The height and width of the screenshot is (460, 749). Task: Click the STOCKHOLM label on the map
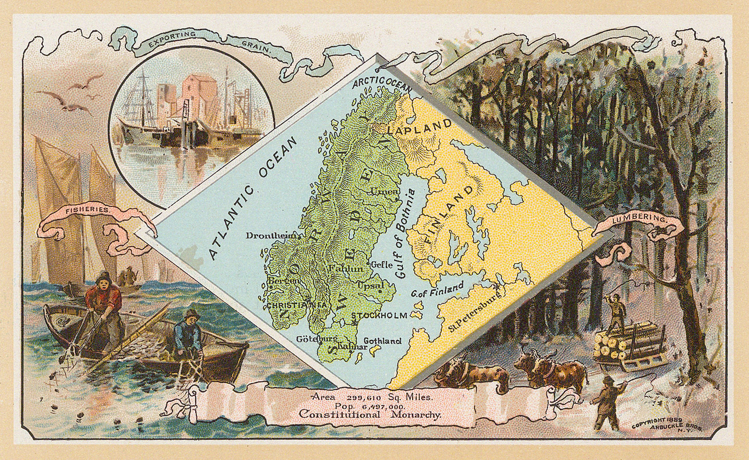click(x=379, y=316)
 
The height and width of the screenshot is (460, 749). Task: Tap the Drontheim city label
click(x=272, y=236)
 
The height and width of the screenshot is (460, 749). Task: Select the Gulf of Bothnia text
click(x=406, y=234)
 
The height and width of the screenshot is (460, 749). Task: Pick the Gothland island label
click(x=382, y=341)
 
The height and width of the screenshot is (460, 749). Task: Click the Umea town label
click(x=384, y=192)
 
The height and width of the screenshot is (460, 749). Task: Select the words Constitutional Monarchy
click(x=369, y=414)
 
